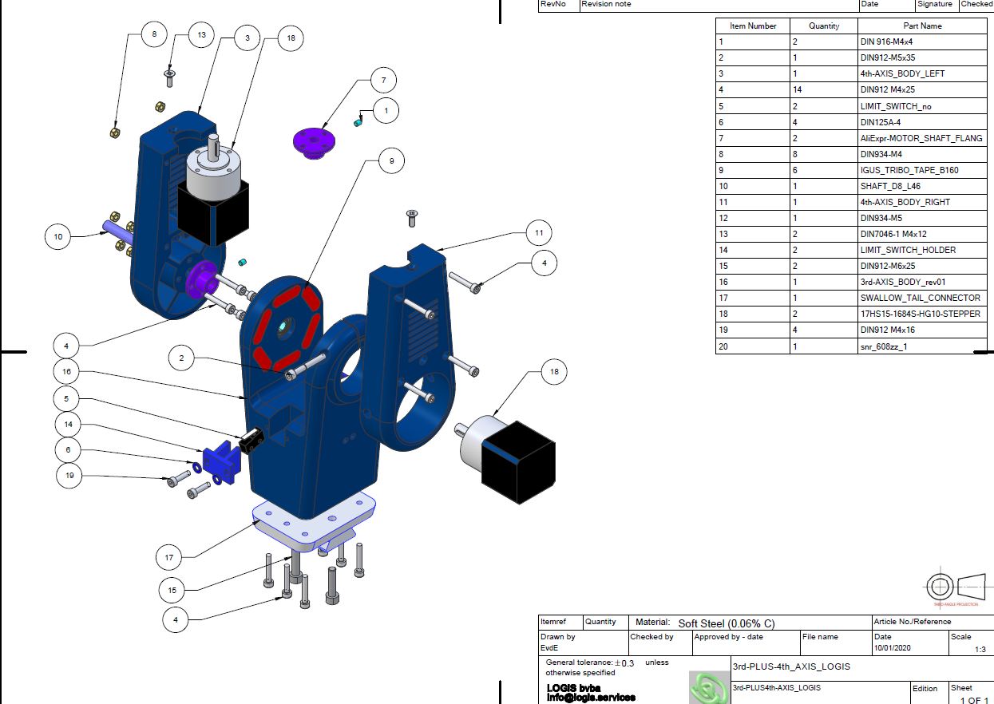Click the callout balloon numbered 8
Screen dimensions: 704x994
(154, 34)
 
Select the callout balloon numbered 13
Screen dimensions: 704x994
(201, 34)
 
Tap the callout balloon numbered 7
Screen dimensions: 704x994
(383, 81)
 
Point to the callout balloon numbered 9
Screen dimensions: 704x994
(391, 161)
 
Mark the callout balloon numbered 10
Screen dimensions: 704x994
(58, 236)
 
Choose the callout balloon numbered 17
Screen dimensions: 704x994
(169, 556)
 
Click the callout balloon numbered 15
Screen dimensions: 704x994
(172, 591)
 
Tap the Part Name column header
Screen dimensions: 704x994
(922, 26)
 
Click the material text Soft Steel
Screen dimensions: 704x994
(726, 623)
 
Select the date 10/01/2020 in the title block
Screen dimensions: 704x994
(892, 648)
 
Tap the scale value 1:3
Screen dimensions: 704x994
(980, 650)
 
